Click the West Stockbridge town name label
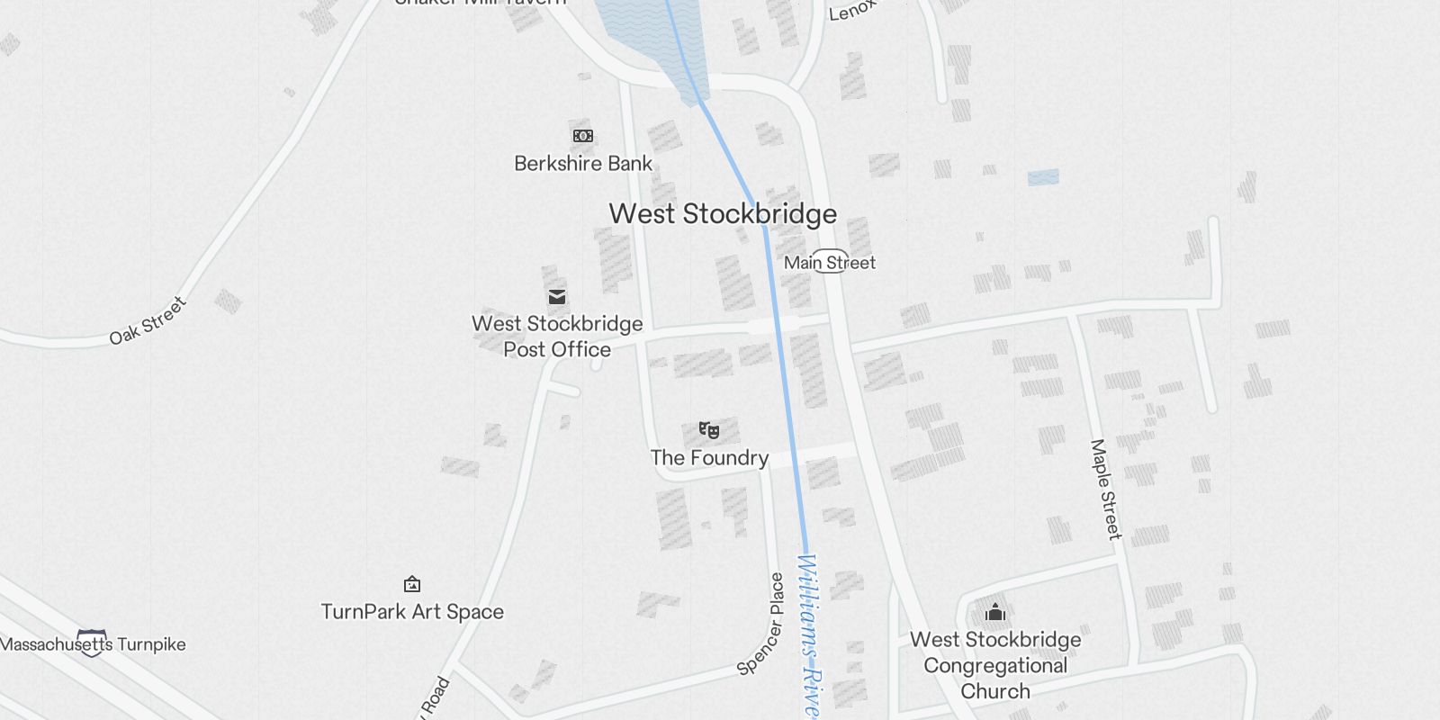(723, 214)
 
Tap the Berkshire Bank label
(583, 164)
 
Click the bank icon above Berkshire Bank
(583, 136)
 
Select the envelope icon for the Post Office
(557, 297)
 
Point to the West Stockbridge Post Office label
(557, 337)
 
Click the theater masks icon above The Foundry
(709, 430)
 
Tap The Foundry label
(709, 458)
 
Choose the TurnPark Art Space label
(412, 612)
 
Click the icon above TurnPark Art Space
(412, 585)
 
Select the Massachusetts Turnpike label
(94, 644)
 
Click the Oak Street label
(148, 320)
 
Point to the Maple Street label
(1106, 489)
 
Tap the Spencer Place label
(761, 625)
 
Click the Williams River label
(810, 634)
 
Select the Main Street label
(830, 263)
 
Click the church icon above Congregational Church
(995, 613)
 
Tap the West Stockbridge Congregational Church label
(995, 665)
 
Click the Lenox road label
(851, 10)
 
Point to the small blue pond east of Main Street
(1043, 177)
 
